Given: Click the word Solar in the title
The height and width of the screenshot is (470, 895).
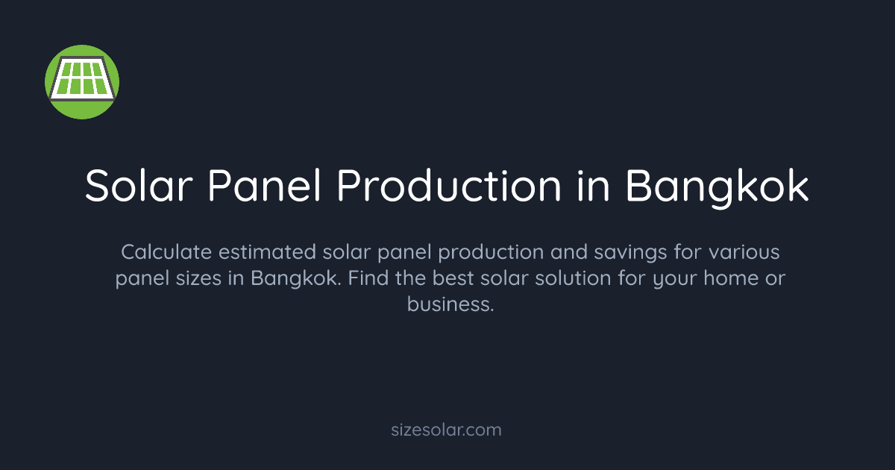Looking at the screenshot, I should point(139,186).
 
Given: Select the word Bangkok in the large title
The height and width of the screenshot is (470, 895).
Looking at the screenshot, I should point(717,186).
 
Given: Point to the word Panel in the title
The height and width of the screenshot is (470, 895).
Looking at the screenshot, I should point(265,186).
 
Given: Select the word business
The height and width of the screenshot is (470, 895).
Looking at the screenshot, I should point(450,304).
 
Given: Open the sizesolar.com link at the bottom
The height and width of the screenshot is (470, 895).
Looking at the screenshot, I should point(447,430).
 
